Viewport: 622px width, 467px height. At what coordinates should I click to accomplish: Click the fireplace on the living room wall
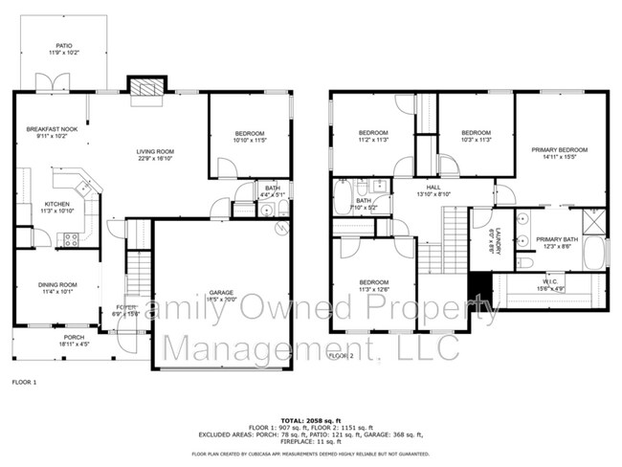click(x=146, y=87)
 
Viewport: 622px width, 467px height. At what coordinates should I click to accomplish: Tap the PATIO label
click(x=63, y=45)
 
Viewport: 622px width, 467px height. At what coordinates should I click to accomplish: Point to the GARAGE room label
click(x=221, y=293)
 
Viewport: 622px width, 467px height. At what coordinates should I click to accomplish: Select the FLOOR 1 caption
click(x=23, y=382)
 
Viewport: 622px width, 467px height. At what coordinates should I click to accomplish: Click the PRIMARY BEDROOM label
click(x=560, y=150)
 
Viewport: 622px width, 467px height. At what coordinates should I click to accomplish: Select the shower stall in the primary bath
click(x=594, y=222)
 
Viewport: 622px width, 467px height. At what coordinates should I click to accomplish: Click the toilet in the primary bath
click(x=524, y=262)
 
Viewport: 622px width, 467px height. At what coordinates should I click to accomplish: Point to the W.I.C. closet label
click(x=555, y=279)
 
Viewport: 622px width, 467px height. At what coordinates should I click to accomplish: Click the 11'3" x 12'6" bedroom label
click(x=373, y=285)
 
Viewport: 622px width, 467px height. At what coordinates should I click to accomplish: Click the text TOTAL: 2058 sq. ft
click(x=310, y=421)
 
